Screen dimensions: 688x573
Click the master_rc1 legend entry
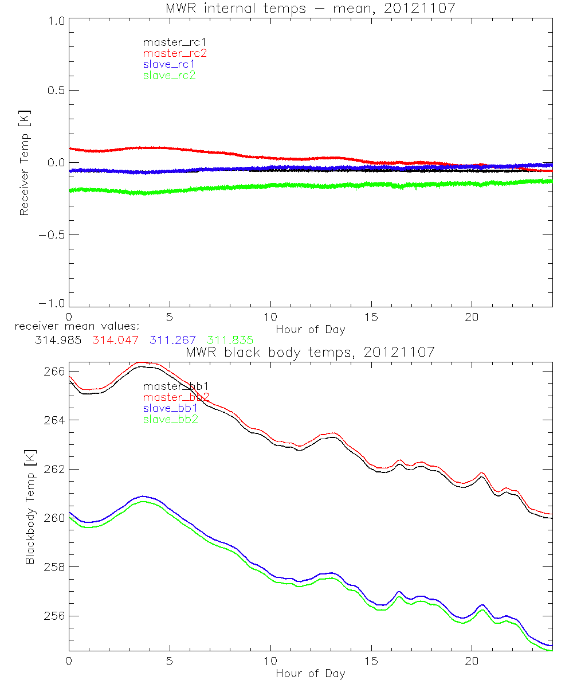coord(169,42)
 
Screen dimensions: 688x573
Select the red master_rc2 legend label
coord(175,53)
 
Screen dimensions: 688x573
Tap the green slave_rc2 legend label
coord(169,75)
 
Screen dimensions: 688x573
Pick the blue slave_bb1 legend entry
coord(171,408)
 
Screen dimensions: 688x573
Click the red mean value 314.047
coord(115,340)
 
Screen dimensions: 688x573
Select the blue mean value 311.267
coord(173,340)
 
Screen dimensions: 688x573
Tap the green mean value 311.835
coord(230,340)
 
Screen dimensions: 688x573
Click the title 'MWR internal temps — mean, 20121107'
coord(309,7)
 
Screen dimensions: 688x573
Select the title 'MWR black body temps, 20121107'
coord(310,351)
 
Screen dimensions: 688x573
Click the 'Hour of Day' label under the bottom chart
coord(310,674)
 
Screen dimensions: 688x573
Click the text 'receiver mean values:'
coord(73,326)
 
